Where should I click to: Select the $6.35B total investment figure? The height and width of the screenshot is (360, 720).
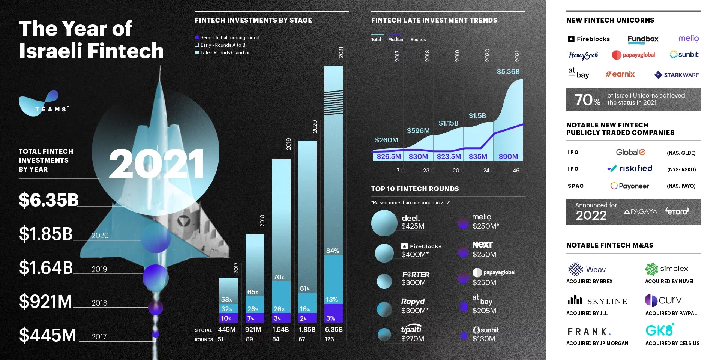pos(49,200)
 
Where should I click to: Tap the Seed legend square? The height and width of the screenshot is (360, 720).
pos(197,37)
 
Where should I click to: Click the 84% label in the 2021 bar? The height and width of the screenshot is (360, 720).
pos(333,250)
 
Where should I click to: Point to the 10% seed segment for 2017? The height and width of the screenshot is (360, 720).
pos(226,318)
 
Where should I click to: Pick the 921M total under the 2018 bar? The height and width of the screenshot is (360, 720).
pos(253,329)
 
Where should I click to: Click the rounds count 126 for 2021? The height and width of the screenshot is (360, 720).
pos(329,339)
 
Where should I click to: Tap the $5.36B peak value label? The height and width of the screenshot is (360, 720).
pos(508,71)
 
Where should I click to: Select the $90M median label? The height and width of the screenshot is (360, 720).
pos(508,156)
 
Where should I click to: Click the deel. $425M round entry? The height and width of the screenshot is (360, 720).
pos(412,222)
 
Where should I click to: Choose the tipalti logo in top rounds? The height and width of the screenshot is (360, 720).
pos(411,329)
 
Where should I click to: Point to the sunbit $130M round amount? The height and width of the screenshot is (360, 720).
pos(484,339)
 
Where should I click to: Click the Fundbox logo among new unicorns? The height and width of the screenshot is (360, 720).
pos(643,39)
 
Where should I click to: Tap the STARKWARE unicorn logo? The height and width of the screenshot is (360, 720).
pos(676,75)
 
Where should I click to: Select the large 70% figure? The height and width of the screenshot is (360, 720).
pos(587,100)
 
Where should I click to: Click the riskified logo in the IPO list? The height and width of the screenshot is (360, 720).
pos(630,169)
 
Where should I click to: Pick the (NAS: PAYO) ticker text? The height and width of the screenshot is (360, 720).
pos(681,186)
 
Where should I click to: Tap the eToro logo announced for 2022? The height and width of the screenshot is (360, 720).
pos(677,211)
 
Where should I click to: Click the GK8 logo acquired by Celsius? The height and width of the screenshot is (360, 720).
pos(660,330)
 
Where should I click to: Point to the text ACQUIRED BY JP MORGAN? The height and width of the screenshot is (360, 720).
pos(597,343)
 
